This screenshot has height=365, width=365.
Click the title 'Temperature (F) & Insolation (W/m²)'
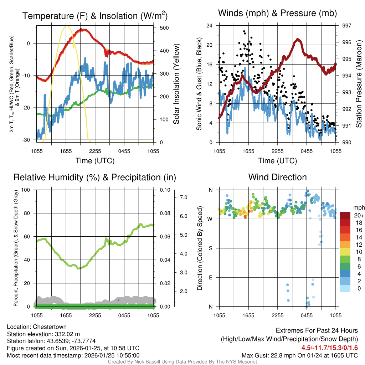95,16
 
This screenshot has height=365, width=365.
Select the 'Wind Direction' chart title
277,177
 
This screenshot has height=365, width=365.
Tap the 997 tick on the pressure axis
346,26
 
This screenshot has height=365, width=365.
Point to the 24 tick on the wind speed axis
210,26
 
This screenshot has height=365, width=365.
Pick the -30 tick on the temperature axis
29,140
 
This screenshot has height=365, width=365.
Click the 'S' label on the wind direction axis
210,248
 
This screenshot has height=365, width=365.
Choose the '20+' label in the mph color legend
359,215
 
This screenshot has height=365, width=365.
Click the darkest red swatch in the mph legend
345,215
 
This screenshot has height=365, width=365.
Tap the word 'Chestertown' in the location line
50,327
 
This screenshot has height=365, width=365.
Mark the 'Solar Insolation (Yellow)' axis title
176,84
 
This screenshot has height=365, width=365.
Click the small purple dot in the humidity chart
118,300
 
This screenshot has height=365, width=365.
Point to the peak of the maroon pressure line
298,39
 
